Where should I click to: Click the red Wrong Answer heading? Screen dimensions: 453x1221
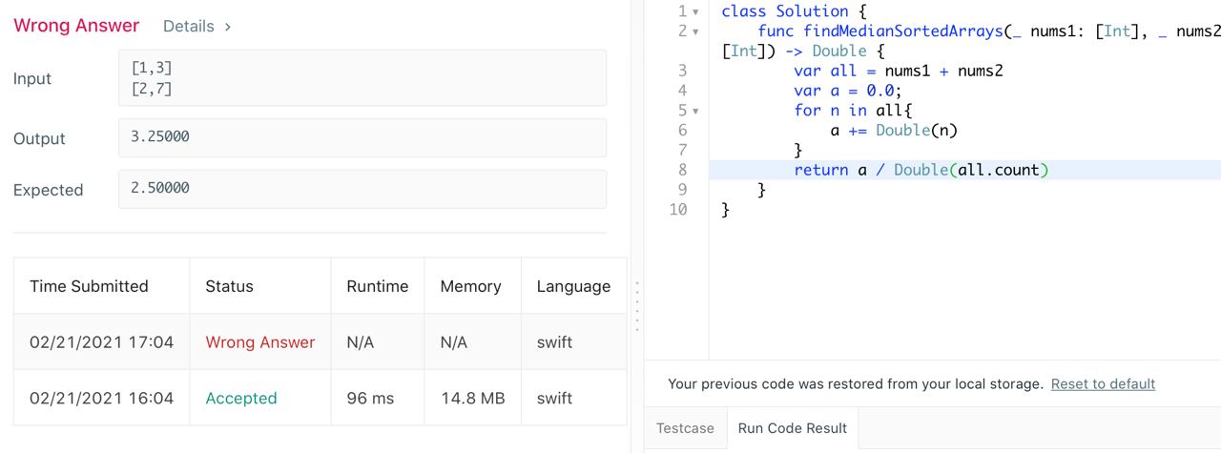pyautogui.click(x=76, y=26)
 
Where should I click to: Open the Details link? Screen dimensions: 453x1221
pyautogui.click(x=197, y=27)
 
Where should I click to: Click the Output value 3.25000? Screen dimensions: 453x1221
pyautogui.click(x=160, y=136)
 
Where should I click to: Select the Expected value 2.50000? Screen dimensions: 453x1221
pyautogui.click(x=160, y=188)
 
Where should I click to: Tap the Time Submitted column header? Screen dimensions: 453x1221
pyautogui.click(x=89, y=286)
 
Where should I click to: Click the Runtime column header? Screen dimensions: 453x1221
pyautogui.click(x=377, y=286)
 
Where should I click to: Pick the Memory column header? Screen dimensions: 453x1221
pyautogui.click(x=470, y=286)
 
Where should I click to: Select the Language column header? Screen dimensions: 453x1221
pyautogui.click(x=573, y=286)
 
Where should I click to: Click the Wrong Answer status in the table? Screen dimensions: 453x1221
pyautogui.click(x=259, y=342)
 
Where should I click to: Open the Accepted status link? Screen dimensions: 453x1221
pyautogui.click(x=241, y=398)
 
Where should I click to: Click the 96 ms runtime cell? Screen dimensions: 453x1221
pyautogui.click(x=370, y=398)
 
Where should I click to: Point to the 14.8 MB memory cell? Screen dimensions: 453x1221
pyautogui.click(x=472, y=398)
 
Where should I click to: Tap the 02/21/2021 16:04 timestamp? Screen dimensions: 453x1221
pyautogui.click(x=101, y=398)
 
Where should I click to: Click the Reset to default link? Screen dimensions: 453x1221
pyautogui.click(x=1103, y=383)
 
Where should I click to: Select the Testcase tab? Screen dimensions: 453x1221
pyautogui.click(x=685, y=428)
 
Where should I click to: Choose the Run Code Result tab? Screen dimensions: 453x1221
pyautogui.click(x=792, y=428)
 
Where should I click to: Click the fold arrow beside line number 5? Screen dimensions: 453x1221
pyautogui.click(x=695, y=111)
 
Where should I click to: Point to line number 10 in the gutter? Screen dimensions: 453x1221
pyautogui.click(x=677, y=209)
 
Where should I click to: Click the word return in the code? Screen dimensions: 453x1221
pyautogui.click(x=820, y=170)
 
